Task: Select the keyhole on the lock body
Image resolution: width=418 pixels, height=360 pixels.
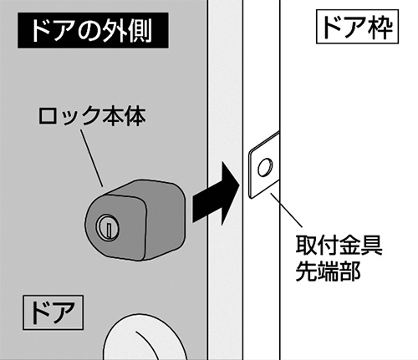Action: pyautogui.click(x=105, y=226)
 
